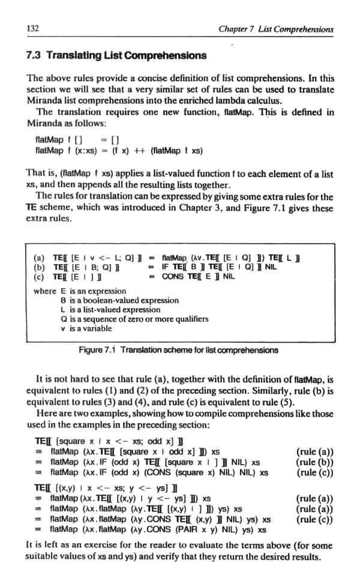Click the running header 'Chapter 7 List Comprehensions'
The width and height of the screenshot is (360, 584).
tap(276, 28)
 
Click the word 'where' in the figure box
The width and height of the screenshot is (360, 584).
tap(45, 291)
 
